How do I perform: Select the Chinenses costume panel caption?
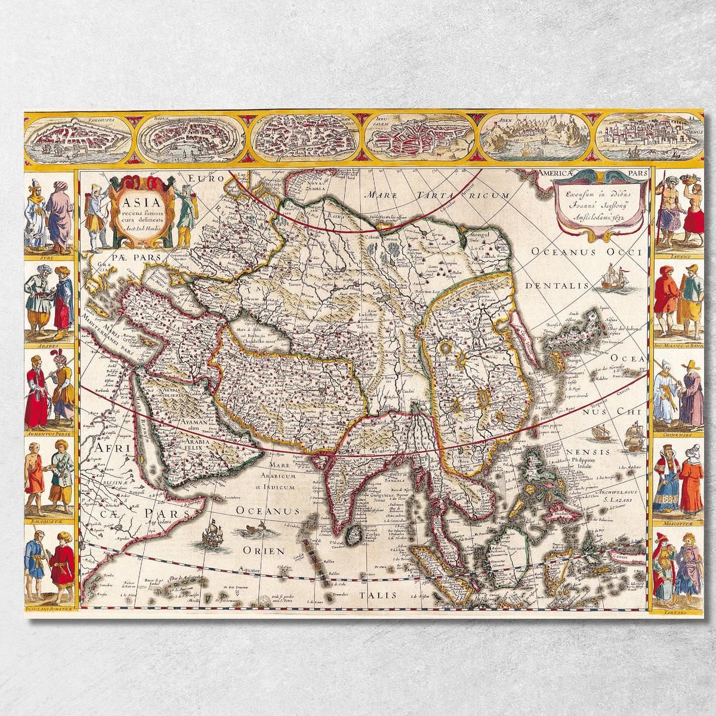(x=678, y=435)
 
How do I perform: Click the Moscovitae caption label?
(x=678, y=523)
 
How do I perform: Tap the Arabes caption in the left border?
(x=47, y=344)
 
